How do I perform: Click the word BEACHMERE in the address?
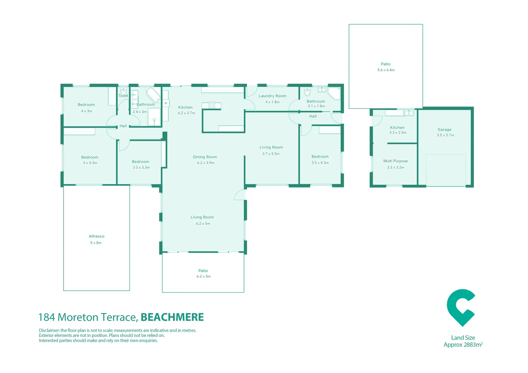(172, 317)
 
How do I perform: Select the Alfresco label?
(96, 236)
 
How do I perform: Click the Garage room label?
(444, 130)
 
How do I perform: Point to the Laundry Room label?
(272, 96)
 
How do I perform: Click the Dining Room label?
(205, 157)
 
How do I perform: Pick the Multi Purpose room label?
(395, 161)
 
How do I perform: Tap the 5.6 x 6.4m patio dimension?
(386, 70)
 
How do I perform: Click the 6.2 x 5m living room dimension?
(203, 223)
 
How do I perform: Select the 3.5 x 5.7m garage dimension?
(445, 135)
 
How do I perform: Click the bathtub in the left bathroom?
(153, 94)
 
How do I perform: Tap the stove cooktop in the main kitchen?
(212, 105)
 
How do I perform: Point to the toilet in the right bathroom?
(307, 92)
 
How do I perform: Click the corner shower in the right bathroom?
(334, 93)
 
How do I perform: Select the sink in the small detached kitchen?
(409, 113)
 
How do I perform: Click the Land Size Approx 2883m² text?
(463, 341)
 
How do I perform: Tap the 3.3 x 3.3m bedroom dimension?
(141, 168)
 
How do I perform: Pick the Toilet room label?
(123, 96)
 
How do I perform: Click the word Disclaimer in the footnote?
(49, 331)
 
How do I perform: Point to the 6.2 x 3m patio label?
(203, 276)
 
